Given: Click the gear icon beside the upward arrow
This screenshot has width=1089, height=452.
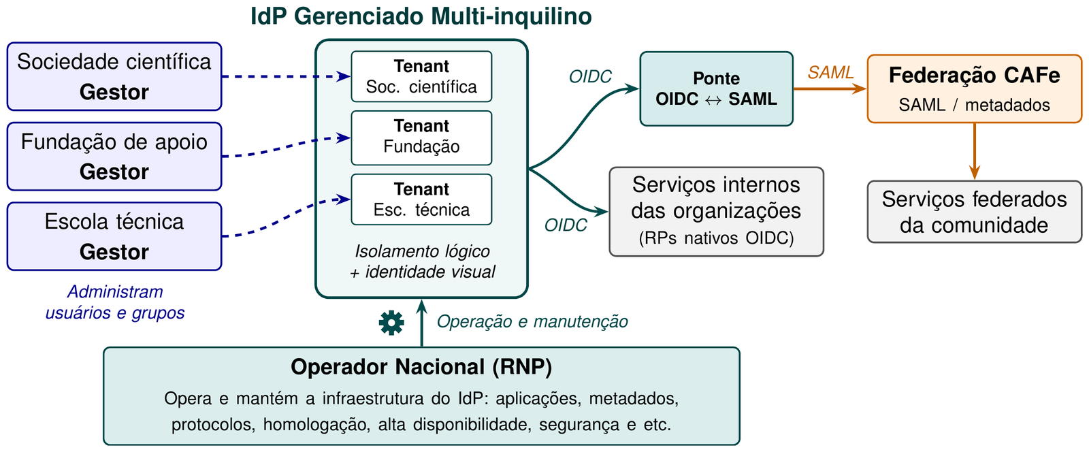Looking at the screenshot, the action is coord(391,323).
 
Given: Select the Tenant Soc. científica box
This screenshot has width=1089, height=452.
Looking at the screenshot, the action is coord(421,76).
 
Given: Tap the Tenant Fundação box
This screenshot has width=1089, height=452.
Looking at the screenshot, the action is coord(421,138).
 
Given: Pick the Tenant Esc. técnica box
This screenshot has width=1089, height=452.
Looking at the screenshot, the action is coord(421,199).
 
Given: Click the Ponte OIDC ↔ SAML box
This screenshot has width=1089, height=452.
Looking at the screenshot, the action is coord(716,89).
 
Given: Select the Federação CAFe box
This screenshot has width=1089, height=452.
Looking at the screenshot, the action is coord(974,89).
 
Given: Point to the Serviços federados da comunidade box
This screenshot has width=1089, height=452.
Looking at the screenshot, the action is coord(974,212).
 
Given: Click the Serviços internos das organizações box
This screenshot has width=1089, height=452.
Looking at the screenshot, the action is coord(716,212).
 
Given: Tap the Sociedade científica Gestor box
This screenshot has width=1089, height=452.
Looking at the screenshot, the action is coord(114,76).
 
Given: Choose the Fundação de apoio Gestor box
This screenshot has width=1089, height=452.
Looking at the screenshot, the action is coord(114,157).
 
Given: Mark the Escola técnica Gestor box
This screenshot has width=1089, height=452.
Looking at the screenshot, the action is coord(114,236).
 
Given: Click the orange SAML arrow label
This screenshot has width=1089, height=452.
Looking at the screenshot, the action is coord(830,72).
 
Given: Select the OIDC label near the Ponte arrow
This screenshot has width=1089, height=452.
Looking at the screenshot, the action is coord(590,77).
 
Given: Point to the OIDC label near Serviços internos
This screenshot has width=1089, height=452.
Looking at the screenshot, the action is coord(566,225).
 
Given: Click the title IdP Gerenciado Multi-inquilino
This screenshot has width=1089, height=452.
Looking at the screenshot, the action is coord(421,16).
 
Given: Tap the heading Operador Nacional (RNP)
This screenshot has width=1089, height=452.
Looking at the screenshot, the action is coord(421,367).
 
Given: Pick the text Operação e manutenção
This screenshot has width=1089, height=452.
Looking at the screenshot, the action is coord(532,321).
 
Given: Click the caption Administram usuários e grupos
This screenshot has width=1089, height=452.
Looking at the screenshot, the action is coord(115,302).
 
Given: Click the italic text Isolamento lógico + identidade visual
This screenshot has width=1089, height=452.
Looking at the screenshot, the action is coord(422,261).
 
